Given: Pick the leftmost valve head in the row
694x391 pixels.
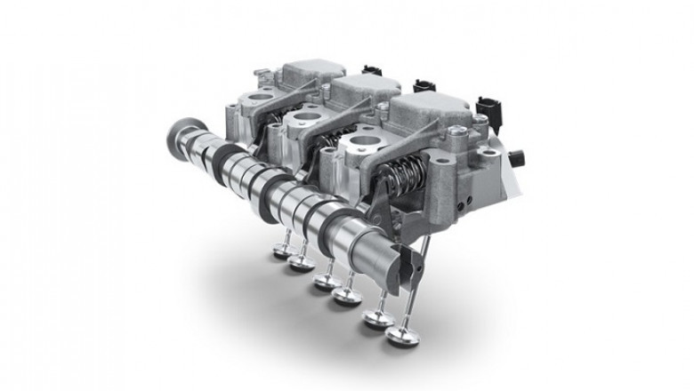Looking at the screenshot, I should click(x=277, y=251).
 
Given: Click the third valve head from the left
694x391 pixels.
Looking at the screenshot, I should click(x=321, y=285).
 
